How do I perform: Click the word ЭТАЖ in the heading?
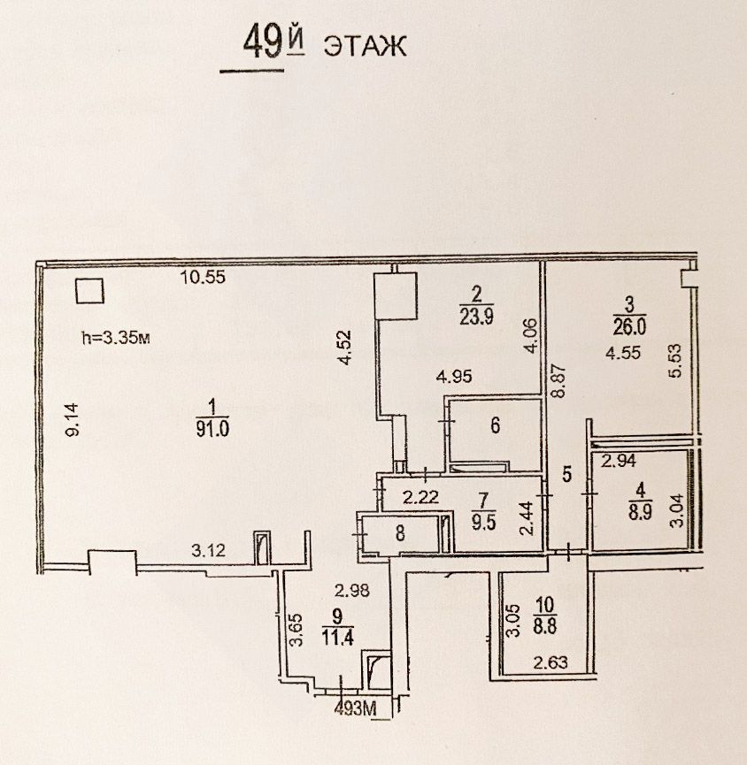tap(366, 46)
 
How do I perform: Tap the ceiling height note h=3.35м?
tap(116, 338)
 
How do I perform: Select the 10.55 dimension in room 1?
tap(203, 277)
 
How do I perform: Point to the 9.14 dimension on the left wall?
tap(73, 419)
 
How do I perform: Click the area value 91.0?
tap(212, 429)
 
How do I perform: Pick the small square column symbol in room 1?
tap(90, 291)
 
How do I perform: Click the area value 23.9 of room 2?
tap(476, 316)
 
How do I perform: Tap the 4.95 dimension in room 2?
tap(454, 377)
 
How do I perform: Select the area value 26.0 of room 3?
tap(629, 326)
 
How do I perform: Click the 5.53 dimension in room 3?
tap(675, 361)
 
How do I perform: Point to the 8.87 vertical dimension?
tap(559, 381)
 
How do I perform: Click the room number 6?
tap(495, 425)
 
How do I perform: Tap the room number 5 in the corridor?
tap(566, 474)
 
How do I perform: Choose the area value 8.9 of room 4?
tap(640, 512)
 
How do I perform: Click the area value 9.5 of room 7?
tap(483, 522)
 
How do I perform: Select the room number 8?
tap(400, 533)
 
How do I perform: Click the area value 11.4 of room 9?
tap(338, 637)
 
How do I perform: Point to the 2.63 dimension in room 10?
tap(551, 662)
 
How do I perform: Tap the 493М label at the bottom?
tap(356, 708)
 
